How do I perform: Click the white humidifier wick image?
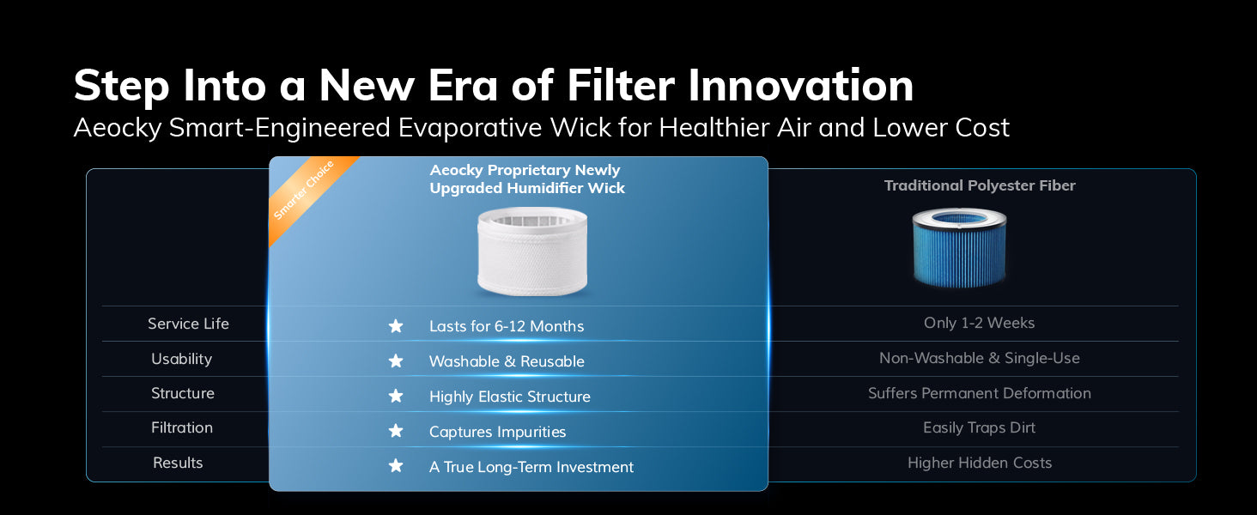(532, 251)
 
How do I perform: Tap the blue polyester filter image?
(959, 248)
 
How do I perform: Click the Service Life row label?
(188, 324)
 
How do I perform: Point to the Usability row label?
(181, 359)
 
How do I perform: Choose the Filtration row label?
(182, 427)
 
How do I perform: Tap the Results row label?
(178, 463)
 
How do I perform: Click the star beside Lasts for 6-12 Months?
(396, 326)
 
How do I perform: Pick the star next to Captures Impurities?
(396, 431)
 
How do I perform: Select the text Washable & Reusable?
(507, 361)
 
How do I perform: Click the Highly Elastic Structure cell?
(509, 397)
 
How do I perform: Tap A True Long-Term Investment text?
(531, 467)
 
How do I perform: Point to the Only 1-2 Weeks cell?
(979, 323)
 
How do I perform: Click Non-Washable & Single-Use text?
(979, 358)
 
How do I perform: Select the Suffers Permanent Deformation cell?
(979, 393)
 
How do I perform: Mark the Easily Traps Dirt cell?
(979, 428)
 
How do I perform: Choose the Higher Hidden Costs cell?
(979, 463)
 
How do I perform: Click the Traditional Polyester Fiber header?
(980, 185)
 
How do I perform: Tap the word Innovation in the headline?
(801, 85)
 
